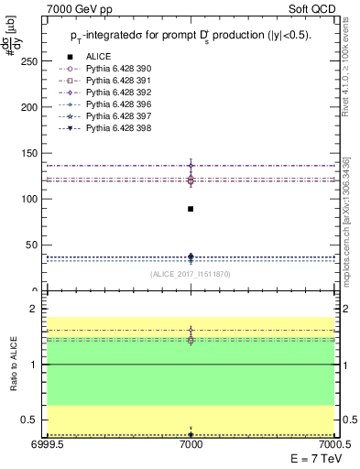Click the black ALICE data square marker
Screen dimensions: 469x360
coord(191,209)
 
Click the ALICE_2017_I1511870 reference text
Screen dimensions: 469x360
coord(191,274)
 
